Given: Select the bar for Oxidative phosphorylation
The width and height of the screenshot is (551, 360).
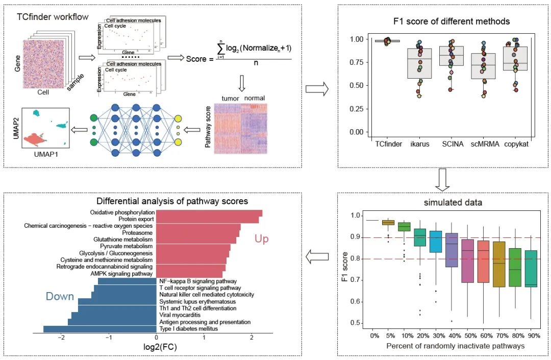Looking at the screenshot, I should [x=209, y=213].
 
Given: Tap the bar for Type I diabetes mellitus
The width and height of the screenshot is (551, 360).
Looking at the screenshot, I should [x=100, y=329].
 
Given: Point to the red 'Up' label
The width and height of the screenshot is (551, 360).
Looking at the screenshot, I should [x=262, y=238].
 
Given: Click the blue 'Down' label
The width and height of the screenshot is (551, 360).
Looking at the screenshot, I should [x=60, y=296].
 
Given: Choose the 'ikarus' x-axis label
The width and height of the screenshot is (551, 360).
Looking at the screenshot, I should [x=419, y=144].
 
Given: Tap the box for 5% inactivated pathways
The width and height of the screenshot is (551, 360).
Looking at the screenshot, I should [x=388, y=222].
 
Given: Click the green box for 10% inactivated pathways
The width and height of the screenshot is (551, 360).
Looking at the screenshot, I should [x=404, y=226].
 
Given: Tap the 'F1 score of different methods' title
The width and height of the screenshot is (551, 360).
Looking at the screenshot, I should [x=444, y=22].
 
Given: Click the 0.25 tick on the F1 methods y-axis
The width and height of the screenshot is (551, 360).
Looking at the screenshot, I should [x=358, y=109].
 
